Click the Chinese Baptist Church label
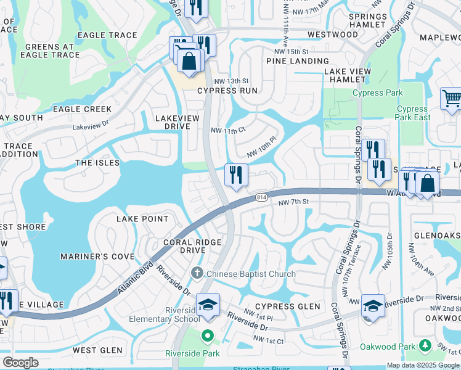(x=251, y=274)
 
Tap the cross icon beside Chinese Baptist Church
(x=197, y=273)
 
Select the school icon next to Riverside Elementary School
(x=208, y=305)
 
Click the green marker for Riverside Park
(x=208, y=337)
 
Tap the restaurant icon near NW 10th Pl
(x=236, y=175)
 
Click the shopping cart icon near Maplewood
(x=451, y=99)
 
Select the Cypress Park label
(x=378, y=93)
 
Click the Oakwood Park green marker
(x=423, y=347)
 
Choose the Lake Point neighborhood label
(x=142, y=219)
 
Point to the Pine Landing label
(x=298, y=61)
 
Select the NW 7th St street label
(x=293, y=202)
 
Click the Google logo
(x=20, y=363)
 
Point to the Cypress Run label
(x=227, y=91)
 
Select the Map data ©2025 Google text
(x=422, y=365)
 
